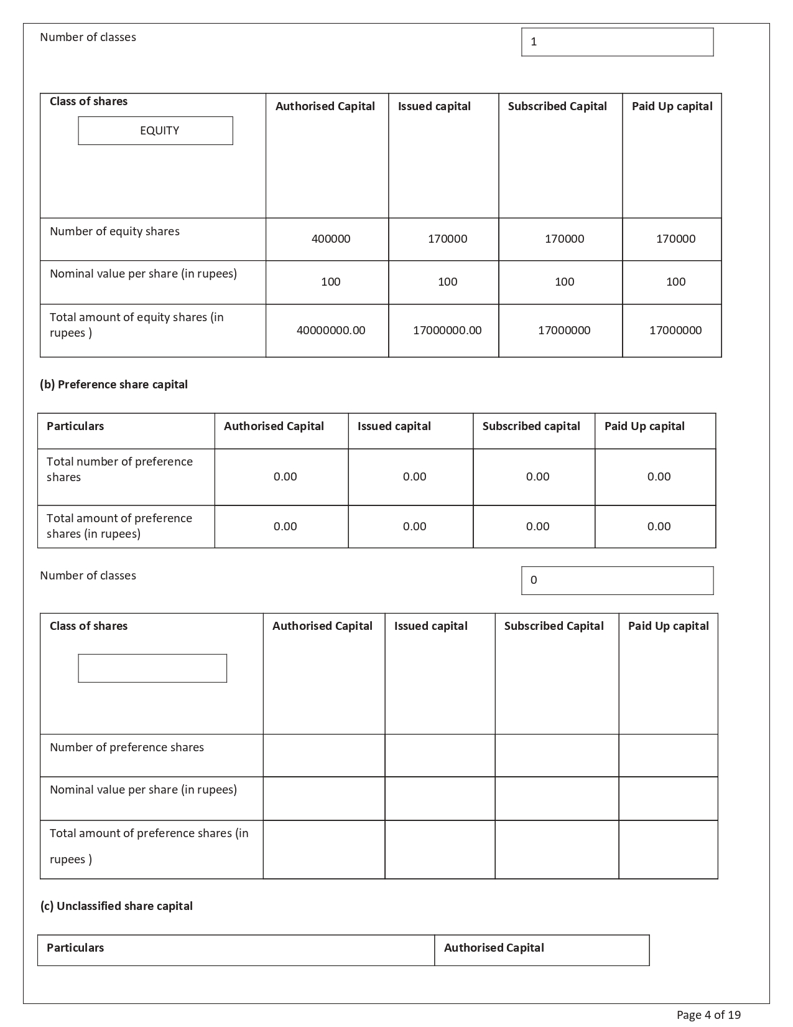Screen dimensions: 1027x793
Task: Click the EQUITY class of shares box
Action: [155, 131]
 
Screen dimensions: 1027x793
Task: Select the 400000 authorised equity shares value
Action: [331, 239]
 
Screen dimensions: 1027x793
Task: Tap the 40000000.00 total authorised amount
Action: [331, 331]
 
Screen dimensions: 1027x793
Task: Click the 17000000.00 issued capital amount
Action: [447, 331]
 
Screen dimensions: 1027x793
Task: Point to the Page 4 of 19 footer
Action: [708, 1015]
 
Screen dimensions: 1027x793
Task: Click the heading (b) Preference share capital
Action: [114, 385]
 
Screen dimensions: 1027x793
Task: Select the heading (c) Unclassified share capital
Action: [116, 906]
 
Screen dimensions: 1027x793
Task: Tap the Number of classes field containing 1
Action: [617, 42]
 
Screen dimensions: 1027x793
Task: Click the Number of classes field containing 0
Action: [617, 581]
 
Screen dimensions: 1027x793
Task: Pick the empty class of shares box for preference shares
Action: [152, 668]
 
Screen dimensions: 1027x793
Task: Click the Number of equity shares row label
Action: [114, 232]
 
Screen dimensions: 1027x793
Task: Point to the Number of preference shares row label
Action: [127, 748]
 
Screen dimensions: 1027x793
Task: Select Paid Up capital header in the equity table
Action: [672, 106]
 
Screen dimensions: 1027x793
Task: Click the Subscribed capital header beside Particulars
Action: [531, 426]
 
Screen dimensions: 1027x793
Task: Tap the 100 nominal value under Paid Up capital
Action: [675, 282]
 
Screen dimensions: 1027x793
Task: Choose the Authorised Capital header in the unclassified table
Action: [494, 948]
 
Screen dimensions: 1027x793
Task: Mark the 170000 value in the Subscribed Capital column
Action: [564, 239]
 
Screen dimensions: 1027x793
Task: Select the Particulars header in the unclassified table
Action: [75, 948]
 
